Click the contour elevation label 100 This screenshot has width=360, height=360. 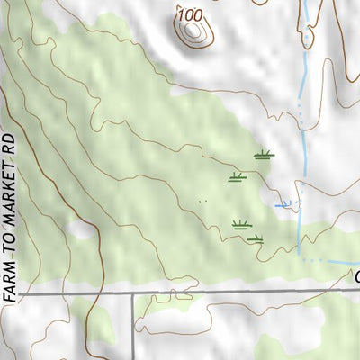tap(190, 14)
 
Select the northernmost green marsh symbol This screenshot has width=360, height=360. tap(264, 156)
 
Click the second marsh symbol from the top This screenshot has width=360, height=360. tap(238, 177)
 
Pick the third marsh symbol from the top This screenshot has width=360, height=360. tap(241, 224)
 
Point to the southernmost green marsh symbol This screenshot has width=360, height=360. tap(256, 239)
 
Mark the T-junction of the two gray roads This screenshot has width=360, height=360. tap(134, 293)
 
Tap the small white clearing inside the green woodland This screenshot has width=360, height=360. tap(81, 230)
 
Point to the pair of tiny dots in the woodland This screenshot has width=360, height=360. tap(202, 201)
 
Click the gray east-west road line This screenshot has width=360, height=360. tap(234, 292)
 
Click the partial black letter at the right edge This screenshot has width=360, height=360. tap(356, 276)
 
